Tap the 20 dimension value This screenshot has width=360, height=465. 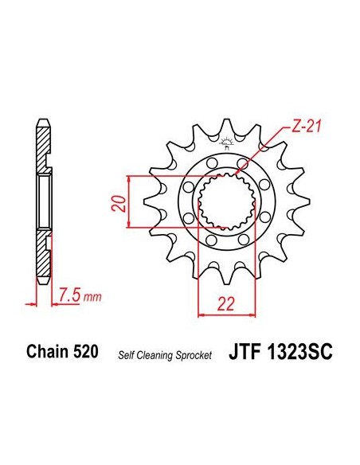[x=119, y=203]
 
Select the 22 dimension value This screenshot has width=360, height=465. [x=225, y=303]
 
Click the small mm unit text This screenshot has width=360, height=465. [x=92, y=297]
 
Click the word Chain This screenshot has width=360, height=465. [x=47, y=351]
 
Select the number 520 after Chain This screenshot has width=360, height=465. [x=84, y=351]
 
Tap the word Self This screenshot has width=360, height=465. [x=124, y=354]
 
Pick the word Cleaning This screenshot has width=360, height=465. [x=153, y=355]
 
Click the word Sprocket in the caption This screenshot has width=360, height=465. [x=194, y=355]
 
